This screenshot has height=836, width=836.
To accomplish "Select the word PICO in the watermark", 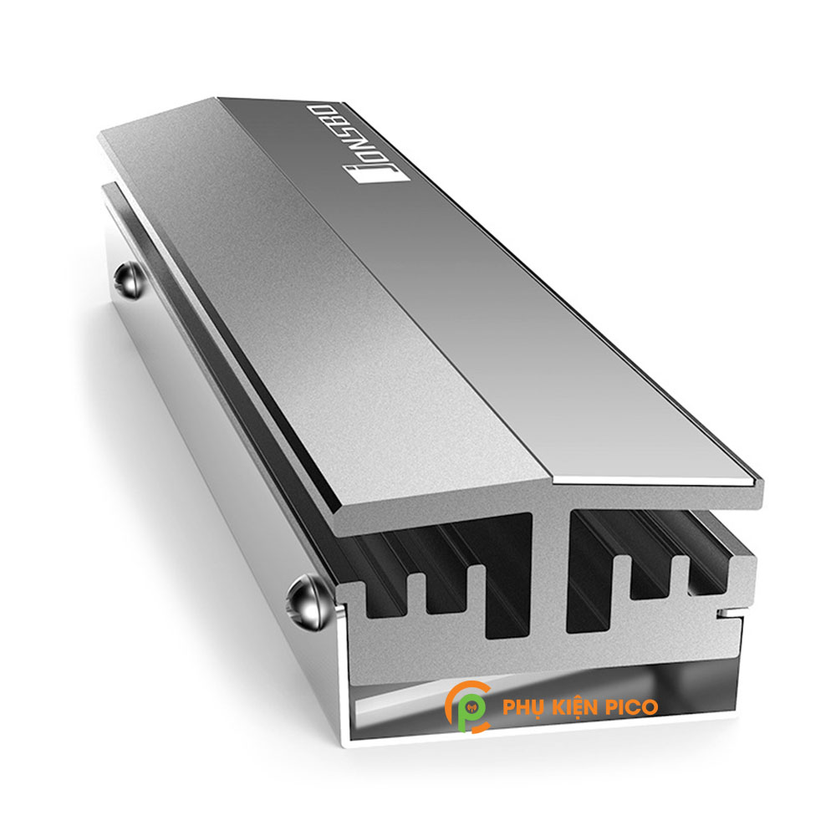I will click(x=632, y=707).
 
